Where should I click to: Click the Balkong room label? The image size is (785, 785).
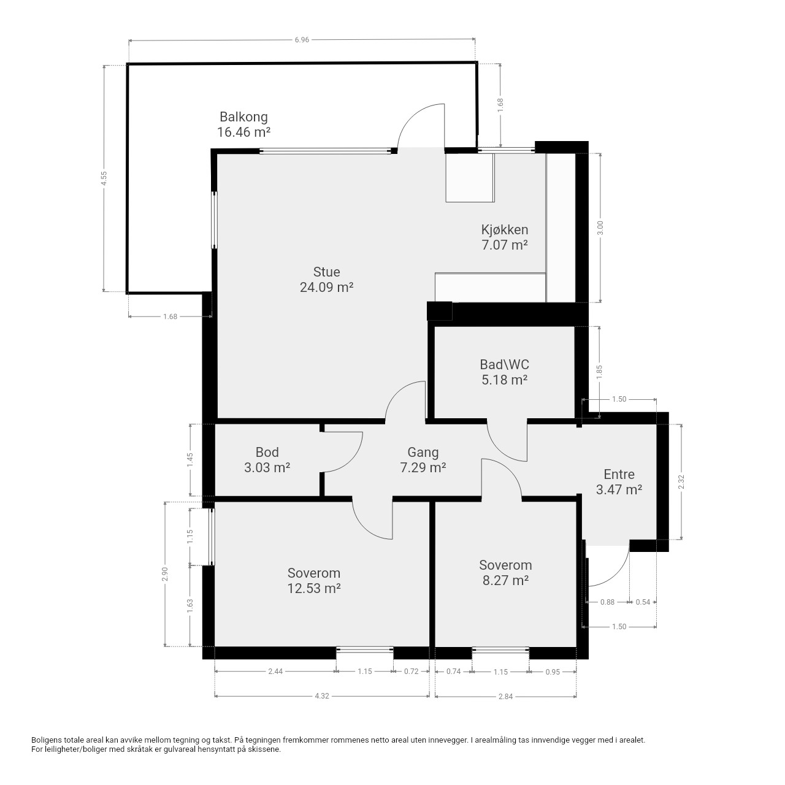pos(243,117)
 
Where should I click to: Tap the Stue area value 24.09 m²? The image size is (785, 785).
pos(326,288)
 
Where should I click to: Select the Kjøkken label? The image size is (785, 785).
pos(504,230)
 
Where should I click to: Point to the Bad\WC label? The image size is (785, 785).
pos(504,364)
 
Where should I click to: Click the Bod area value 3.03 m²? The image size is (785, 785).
pos(267,468)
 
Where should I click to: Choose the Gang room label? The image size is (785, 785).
pos(423,452)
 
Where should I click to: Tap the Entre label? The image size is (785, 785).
pos(619,474)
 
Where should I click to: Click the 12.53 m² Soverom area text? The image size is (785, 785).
pos(313,588)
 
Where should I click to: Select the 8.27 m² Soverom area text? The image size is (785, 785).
pos(505,580)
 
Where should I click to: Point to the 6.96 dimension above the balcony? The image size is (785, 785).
pos(302,40)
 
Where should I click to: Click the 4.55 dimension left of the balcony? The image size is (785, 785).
pos(104,178)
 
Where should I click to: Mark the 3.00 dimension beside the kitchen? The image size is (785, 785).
pos(600,228)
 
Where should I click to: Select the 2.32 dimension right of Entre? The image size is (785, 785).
pos(681,482)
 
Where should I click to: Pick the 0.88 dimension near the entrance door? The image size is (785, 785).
pos(607,602)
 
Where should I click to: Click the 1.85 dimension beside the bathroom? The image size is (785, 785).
pos(599,372)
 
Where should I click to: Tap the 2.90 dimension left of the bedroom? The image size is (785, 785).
pos(164,574)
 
